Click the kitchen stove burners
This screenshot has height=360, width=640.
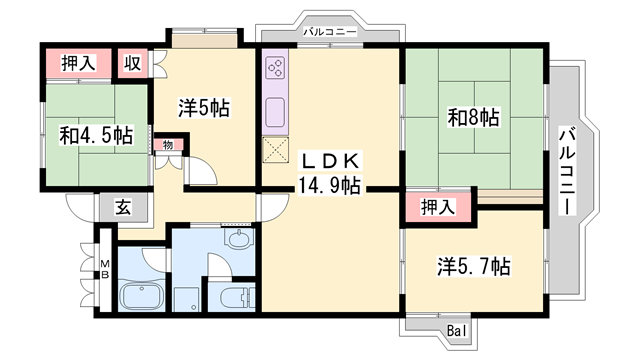coord(275,72)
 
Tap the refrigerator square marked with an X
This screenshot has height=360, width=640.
coord(275,151)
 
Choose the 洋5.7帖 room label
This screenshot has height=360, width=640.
coord(474,267)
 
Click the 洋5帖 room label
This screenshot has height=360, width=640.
coord(205,107)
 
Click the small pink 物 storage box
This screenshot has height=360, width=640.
coord(168,145)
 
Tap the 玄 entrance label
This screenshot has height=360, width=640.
coord(122,209)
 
